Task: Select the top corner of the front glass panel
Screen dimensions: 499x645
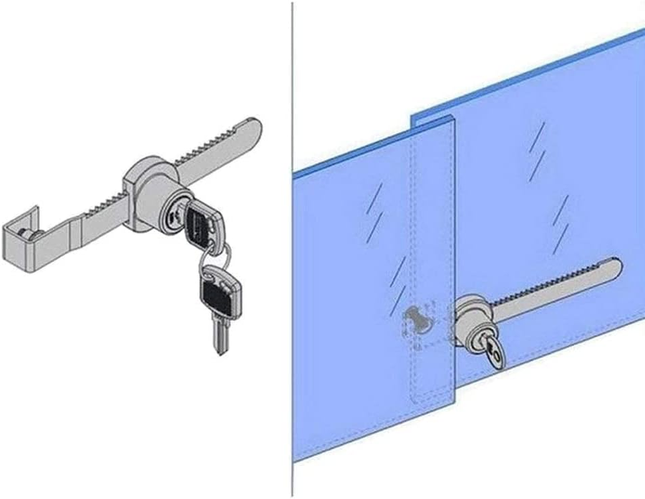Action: tap(450, 119)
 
